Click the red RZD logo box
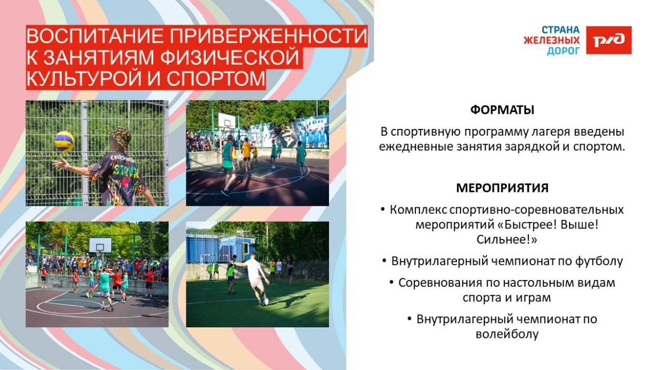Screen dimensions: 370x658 (x=609, y=40)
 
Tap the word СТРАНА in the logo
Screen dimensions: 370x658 (x=561, y=30)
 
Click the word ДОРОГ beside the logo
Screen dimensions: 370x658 (x=563, y=51)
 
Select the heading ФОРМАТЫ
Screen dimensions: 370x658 (x=502, y=110)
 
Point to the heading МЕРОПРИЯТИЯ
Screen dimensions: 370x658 (x=502, y=188)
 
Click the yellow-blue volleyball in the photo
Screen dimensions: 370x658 (x=64, y=142)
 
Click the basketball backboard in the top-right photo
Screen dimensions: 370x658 (x=227, y=121)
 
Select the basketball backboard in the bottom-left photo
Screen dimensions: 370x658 (x=100, y=244)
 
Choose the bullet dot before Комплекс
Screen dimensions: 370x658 (x=383, y=209)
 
